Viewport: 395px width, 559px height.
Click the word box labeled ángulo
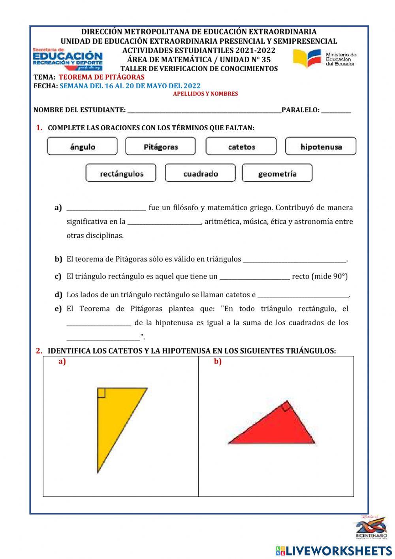click(82, 146)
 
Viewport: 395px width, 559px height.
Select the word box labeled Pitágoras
click(160, 146)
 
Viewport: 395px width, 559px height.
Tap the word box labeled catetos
click(241, 146)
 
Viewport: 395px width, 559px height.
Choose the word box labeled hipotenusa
click(321, 146)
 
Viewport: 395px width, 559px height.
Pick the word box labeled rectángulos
click(121, 173)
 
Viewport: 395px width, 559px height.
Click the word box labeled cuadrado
click(200, 173)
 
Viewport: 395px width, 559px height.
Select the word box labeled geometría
click(277, 173)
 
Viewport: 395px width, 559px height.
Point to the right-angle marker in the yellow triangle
click(101, 392)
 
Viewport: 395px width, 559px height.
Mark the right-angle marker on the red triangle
click(286, 406)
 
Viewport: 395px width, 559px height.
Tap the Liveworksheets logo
click(334, 550)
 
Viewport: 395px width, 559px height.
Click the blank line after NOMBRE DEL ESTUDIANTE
click(204, 110)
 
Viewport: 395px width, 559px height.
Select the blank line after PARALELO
click(336, 110)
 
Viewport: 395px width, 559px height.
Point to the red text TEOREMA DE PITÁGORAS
click(102, 77)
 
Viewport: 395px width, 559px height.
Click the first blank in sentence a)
click(106, 208)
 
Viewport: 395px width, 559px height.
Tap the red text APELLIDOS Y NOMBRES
click(205, 94)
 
